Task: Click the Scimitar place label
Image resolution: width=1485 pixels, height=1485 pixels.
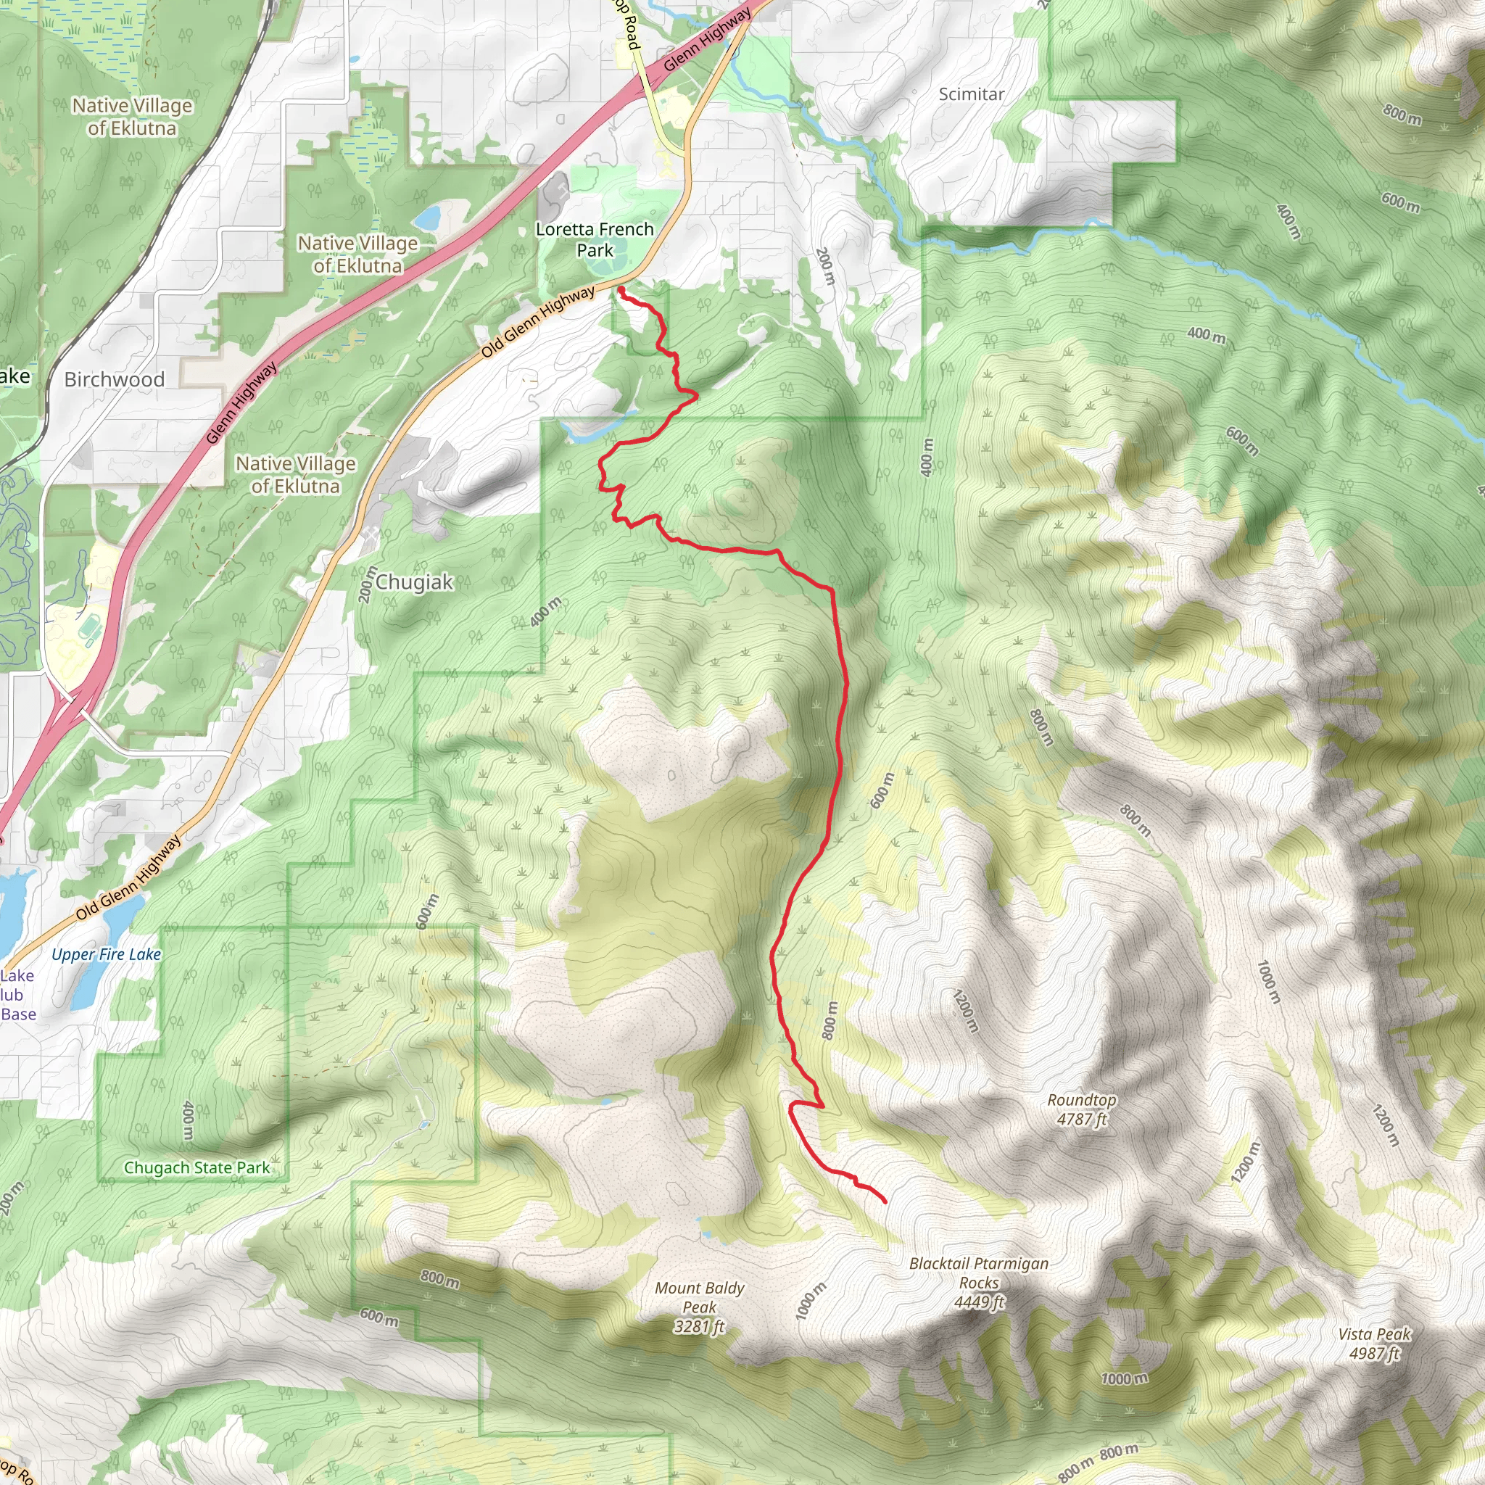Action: [972, 94]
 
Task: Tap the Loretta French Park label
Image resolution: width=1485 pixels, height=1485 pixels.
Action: [594, 240]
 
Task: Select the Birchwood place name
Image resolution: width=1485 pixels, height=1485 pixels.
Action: [114, 380]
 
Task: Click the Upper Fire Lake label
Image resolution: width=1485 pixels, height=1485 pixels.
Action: [106, 955]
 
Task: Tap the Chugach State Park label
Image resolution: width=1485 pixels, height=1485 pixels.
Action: [197, 1167]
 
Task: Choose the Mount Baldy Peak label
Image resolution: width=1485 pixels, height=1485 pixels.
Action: [700, 1307]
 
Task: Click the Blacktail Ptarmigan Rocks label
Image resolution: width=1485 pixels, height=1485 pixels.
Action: [978, 1283]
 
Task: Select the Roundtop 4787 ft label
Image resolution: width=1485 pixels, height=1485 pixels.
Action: [1081, 1110]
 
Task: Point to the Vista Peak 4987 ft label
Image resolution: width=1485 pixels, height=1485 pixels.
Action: [1374, 1344]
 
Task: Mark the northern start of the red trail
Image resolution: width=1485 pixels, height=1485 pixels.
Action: [619, 289]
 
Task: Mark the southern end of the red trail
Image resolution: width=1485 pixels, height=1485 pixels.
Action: [885, 1201]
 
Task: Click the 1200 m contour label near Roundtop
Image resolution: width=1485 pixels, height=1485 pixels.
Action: [965, 1012]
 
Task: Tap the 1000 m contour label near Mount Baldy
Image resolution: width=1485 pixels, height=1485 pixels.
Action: [811, 1301]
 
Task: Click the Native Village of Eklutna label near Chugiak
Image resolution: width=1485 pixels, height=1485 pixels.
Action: [295, 475]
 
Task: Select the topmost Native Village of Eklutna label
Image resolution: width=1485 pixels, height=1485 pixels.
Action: [132, 117]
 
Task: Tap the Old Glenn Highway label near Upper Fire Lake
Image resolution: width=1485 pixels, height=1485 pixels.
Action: [128, 878]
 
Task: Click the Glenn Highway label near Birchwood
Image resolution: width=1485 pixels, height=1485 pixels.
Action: [241, 404]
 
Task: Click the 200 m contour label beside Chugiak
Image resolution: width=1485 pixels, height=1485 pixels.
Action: [368, 584]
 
